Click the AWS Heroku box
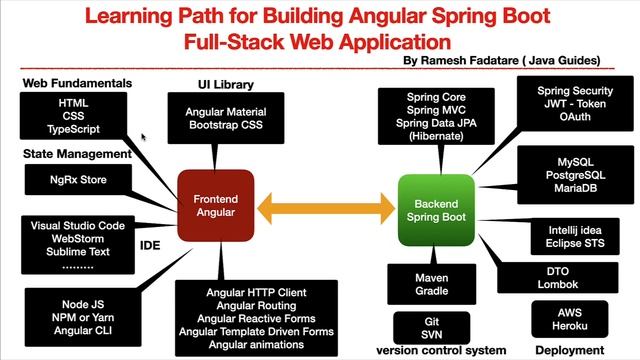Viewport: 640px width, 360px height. (571, 319)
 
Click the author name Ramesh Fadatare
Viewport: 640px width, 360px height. (462, 61)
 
